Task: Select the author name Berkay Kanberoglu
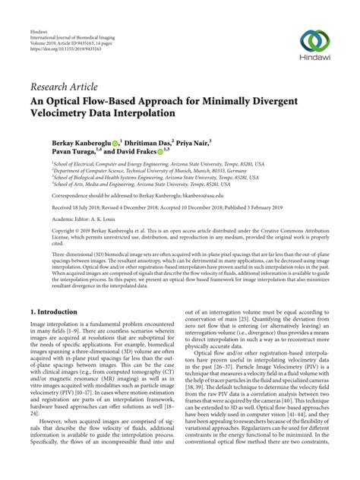(81, 142)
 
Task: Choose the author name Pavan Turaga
(72, 152)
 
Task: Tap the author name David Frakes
(133, 152)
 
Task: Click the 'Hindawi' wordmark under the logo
(314, 58)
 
